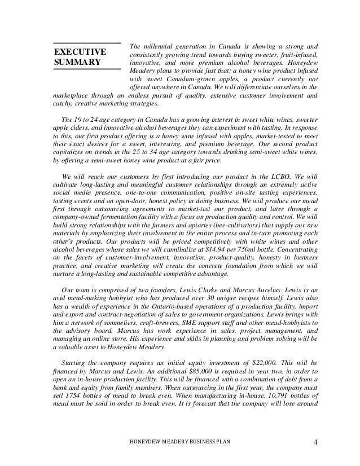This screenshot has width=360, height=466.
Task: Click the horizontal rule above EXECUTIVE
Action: [x=87, y=43]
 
